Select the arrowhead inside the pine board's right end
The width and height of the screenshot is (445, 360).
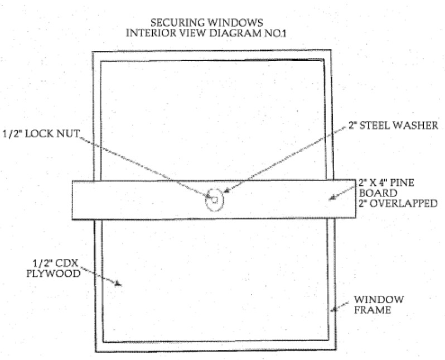[332, 196]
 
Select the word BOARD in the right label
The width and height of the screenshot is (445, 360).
[372, 194]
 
